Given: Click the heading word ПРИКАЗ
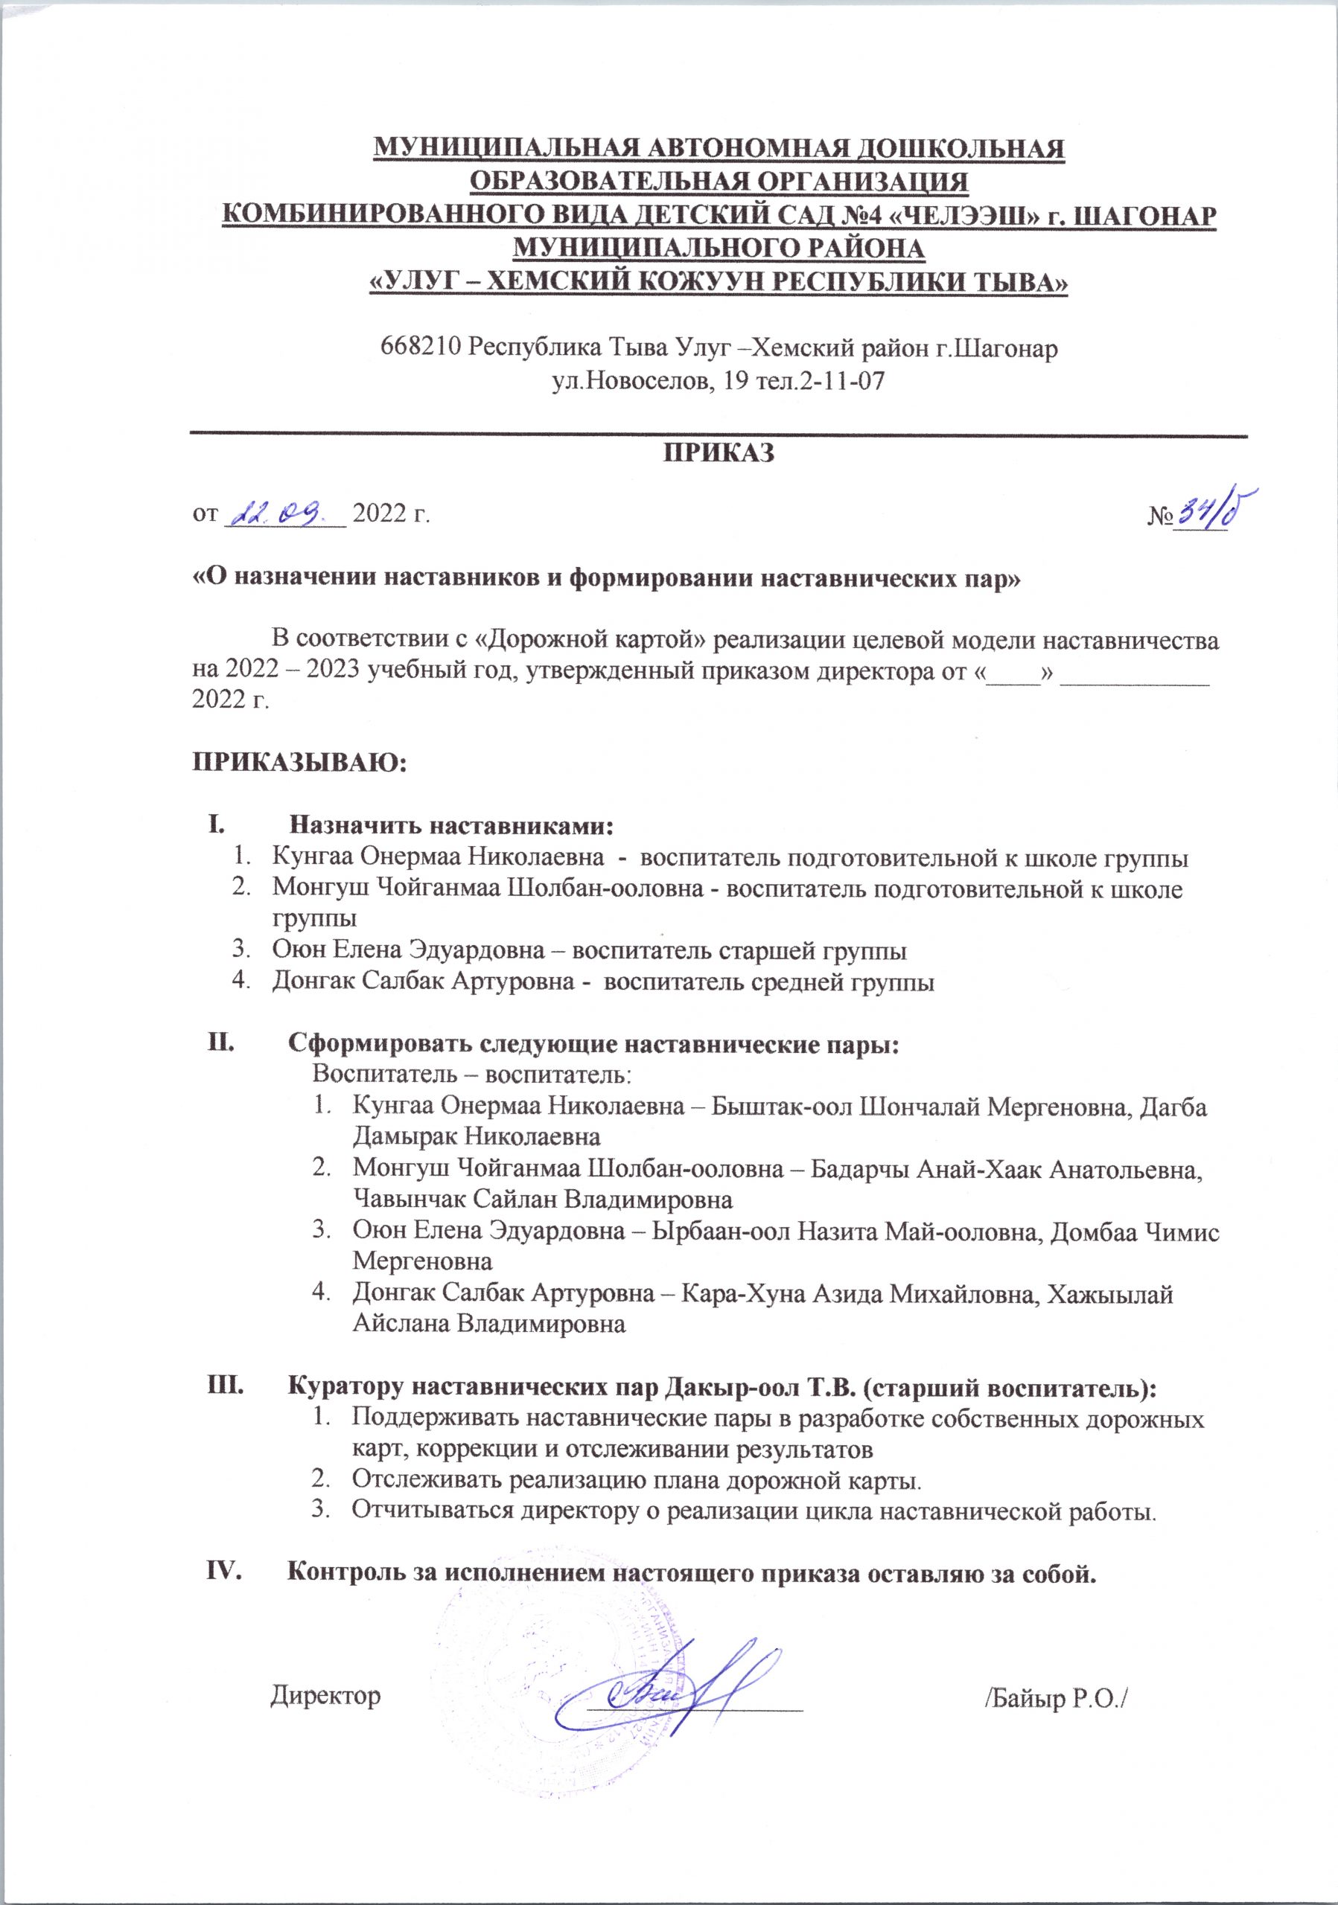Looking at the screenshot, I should [718, 453].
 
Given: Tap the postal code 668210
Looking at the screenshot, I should [420, 347].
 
